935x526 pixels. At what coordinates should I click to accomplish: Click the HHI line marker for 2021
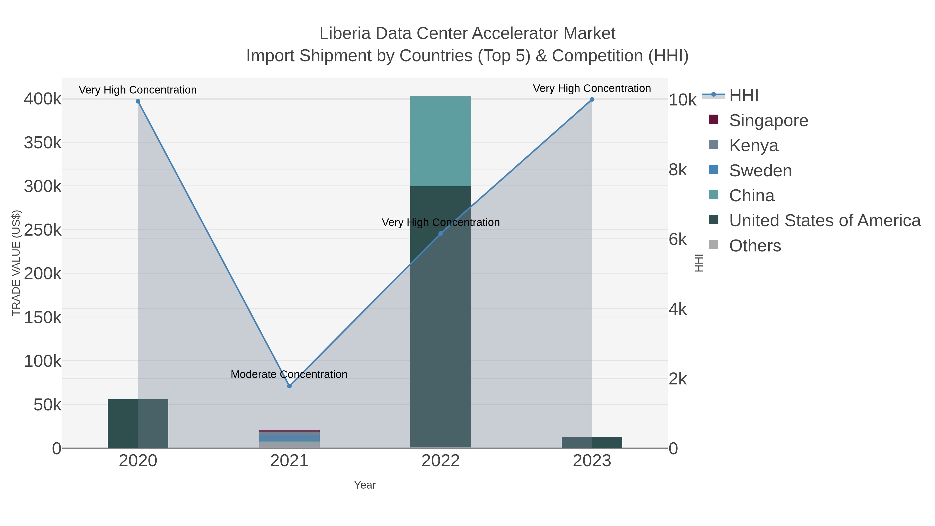click(289, 386)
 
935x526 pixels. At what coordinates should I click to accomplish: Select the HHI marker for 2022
click(441, 234)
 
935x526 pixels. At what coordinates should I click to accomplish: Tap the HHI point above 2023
click(592, 99)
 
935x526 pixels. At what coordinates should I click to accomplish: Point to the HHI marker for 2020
click(138, 101)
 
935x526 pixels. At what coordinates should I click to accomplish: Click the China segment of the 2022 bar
click(441, 142)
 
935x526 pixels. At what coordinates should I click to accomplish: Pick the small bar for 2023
click(592, 443)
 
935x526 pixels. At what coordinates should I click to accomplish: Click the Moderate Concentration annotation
click(289, 374)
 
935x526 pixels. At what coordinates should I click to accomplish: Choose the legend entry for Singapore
click(769, 121)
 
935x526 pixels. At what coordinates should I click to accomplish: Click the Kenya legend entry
click(753, 145)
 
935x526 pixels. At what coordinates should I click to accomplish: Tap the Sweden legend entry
click(760, 171)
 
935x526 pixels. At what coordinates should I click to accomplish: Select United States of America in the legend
click(825, 221)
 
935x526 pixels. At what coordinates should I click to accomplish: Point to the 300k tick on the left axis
click(43, 187)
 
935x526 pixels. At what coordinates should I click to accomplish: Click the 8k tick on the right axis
click(678, 170)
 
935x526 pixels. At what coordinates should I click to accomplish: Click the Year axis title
click(365, 485)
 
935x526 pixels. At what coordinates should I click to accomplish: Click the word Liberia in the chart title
click(345, 34)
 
